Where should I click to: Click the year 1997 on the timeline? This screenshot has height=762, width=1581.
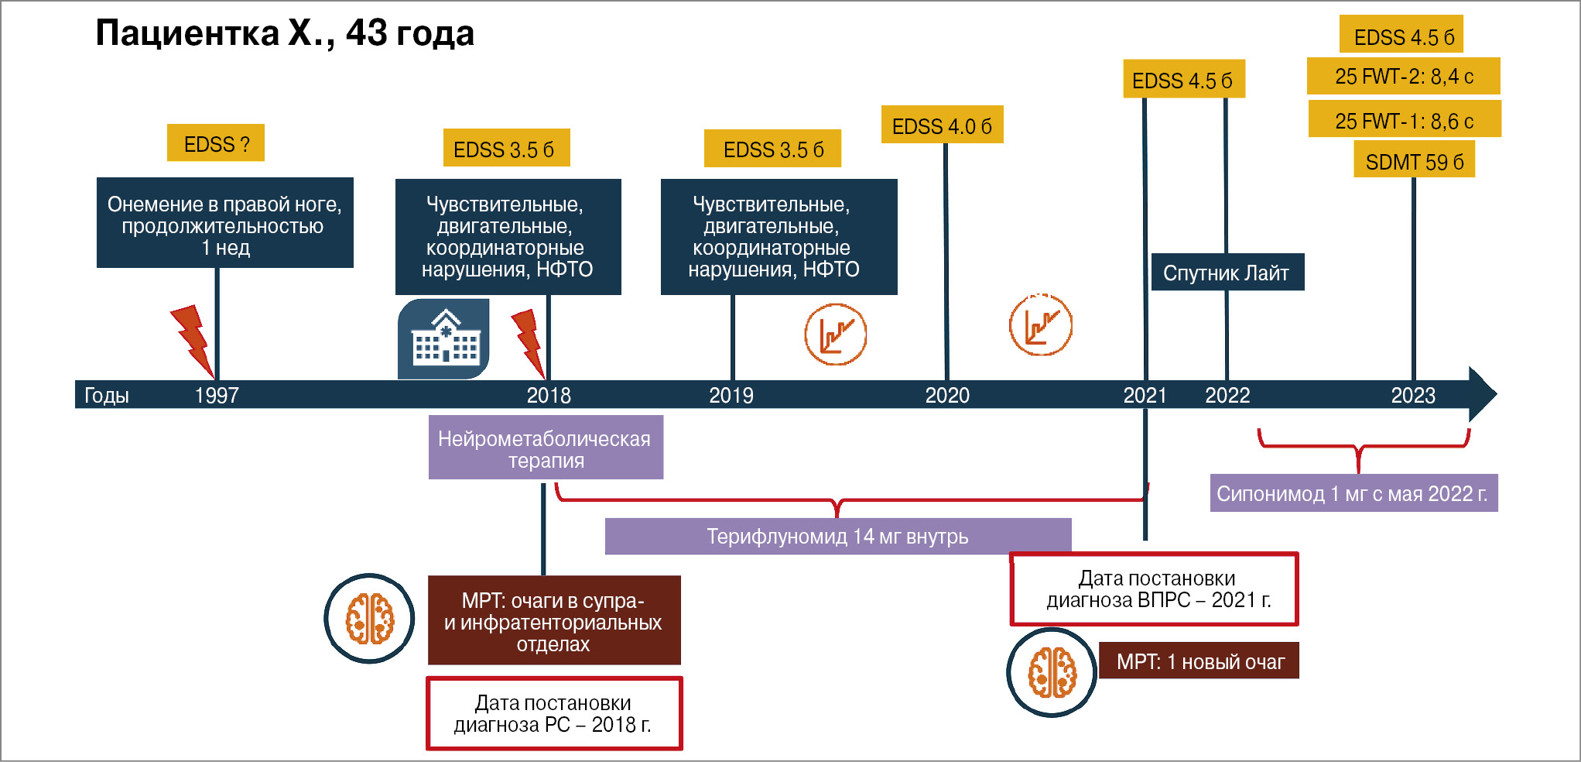coord(217,395)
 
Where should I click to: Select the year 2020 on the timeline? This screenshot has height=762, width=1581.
coord(947,395)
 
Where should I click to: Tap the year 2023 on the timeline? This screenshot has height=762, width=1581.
coord(1413,395)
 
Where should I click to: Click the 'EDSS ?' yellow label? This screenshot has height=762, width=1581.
coord(216,143)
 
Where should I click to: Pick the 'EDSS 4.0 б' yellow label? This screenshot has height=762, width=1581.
coord(942,125)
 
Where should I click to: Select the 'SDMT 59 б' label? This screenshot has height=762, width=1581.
coord(1414,161)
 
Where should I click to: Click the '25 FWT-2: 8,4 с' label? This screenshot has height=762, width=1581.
coord(1404,76)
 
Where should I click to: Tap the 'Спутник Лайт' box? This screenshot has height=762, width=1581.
coord(1227,273)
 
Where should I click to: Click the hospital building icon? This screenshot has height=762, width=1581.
coord(444,339)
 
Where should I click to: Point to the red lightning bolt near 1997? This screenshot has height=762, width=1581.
coord(191,338)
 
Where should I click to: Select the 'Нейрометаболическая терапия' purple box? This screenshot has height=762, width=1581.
coord(546,448)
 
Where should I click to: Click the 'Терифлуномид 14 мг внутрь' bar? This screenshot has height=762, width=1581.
coord(837,536)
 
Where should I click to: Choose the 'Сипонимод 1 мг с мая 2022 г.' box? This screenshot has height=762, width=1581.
coord(1353,493)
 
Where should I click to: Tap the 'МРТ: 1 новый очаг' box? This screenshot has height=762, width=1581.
coord(1199,661)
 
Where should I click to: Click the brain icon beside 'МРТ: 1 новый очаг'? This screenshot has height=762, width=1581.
coord(1051,672)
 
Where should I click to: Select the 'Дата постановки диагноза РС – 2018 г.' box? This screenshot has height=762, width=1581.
coord(554,713)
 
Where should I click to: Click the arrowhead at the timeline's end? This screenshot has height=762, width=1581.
coord(1481,394)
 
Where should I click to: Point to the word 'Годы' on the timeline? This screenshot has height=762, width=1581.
coord(107,395)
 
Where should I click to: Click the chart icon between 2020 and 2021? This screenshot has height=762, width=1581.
coord(1041,325)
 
